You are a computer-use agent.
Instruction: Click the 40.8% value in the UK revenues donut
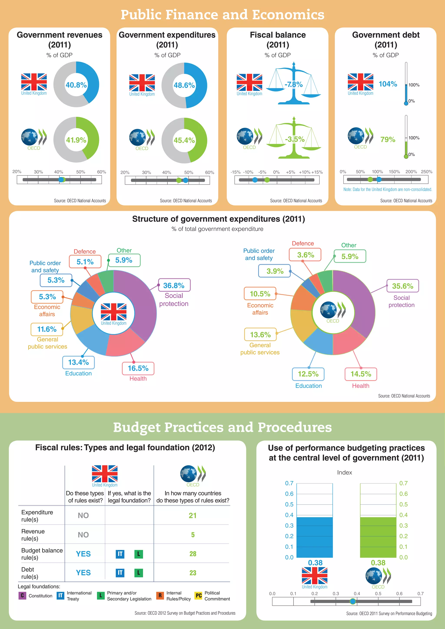point(76,85)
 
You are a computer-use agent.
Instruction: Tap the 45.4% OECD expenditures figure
point(184,140)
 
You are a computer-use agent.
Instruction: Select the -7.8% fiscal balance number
point(294,84)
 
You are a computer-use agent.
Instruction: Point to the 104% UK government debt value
point(388,84)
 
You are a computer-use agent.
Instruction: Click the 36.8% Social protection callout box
point(174,285)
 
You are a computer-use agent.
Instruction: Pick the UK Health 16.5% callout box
point(138,368)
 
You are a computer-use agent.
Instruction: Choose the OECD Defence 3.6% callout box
point(305,255)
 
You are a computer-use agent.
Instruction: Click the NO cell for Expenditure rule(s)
point(83,515)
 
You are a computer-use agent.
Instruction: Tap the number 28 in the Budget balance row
point(193,554)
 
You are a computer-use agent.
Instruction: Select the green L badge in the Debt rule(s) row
point(139,573)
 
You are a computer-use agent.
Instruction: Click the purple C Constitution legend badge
point(22,596)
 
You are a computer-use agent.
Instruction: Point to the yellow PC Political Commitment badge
point(198,596)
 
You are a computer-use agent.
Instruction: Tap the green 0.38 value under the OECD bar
point(378,563)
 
